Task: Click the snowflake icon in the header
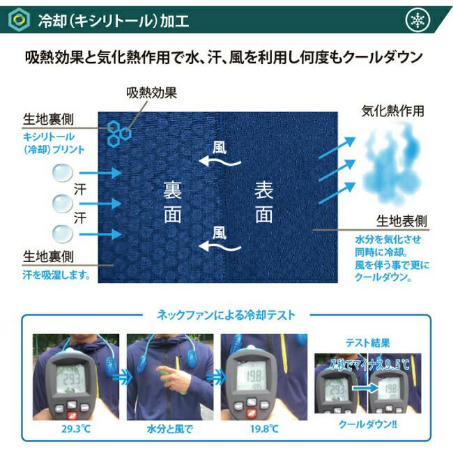(x=417, y=20)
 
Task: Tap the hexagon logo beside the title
(x=19, y=20)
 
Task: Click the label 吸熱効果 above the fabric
(x=151, y=93)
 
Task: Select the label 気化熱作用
(x=392, y=112)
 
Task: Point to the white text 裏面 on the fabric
(x=172, y=202)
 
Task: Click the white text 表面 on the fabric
(x=263, y=202)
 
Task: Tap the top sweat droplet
(x=63, y=172)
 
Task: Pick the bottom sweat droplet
(x=63, y=233)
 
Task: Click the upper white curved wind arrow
(x=220, y=162)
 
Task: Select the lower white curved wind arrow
(x=220, y=246)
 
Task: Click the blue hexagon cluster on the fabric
(x=119, y=134)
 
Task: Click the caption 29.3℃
(x=76, y=429)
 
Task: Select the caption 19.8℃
(x=264, y=429)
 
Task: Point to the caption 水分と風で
(x=170, y=429)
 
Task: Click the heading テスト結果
(x=368, y=343)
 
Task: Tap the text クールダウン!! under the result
(x=368, y=424)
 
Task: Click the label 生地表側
(x=401, y=222)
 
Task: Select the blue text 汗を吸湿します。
(x=56, y=275)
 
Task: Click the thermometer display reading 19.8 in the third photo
(x=252, y=375)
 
